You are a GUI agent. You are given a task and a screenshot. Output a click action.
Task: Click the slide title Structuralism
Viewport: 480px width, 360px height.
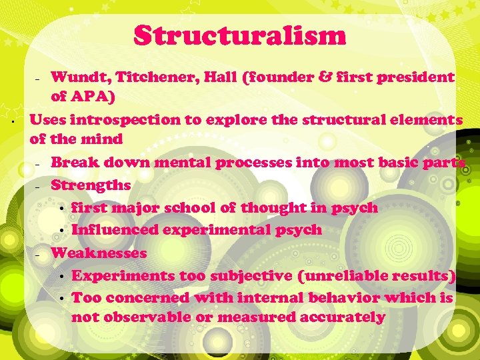(x=240, y=35)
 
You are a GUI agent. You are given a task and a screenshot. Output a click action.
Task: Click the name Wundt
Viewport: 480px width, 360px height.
(x=74, y=77)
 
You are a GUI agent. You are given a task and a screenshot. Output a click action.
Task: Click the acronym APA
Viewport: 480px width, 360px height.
(x=93, y=97)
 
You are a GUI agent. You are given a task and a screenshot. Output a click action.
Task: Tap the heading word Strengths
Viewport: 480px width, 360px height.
(x=91, y=185)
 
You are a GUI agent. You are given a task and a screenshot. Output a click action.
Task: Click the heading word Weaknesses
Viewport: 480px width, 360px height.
(x=99, y=253)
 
